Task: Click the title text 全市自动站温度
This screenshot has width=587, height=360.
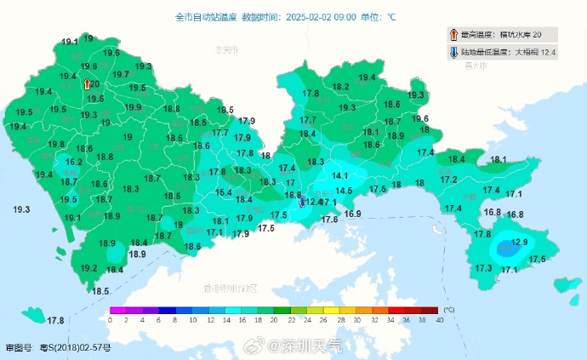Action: pyautogui.click(x=206, y=16)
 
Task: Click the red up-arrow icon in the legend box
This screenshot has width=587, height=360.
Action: pyautogui.click(x=453, y=34)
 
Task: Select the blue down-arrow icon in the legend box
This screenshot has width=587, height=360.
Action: pyautogui.click(x=453, y=53)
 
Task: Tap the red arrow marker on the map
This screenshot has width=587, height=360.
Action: pyautogui.click(x=87, y=83)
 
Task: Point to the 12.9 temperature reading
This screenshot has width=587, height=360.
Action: pyautogui.click(x=520, y=243)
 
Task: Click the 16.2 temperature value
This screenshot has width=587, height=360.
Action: pyautogui.click(x=74, y=162)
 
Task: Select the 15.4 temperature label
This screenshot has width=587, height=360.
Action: pyautogui.click(x=224, y=193)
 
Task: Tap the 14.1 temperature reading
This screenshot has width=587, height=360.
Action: pyautogui.click(x=340, y=175)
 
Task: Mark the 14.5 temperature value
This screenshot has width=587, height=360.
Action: pyautogui.click(x=344, y=191)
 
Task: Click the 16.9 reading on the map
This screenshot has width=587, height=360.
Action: pyautogui.click(x=353, y=214)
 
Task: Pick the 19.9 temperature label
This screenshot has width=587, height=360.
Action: pyautogui.click(x=134, y=107)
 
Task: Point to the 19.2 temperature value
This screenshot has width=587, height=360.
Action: pyautogui.click(x=88, y=268)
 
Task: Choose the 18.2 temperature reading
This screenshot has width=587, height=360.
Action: pyautogui.click(x=340, y=87)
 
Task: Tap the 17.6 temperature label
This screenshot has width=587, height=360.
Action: pyautogui.click(x=330, y=220)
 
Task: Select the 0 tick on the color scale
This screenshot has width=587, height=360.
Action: pyautogui.click(x=110, y=320)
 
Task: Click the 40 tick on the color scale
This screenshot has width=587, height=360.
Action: pyautogui.click(x=438, y=320)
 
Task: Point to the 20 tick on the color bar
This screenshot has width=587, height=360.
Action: pyautogui.click(x=274, y=320)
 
